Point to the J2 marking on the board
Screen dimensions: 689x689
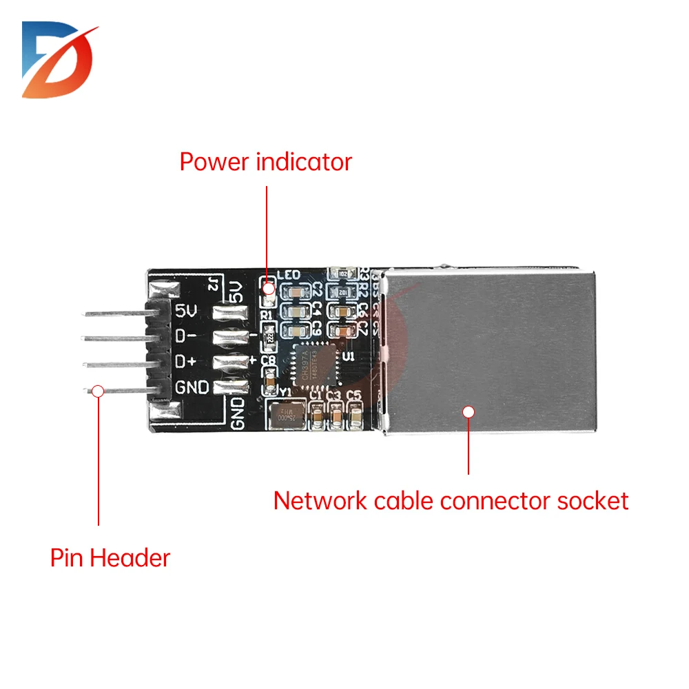pos(213,284)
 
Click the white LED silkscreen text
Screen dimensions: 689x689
pos(288,276)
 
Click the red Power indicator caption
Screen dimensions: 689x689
pos(265,162)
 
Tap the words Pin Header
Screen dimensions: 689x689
pos(110,557)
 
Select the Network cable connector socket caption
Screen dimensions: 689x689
pos(451,500)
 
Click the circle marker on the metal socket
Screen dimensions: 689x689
pos(469,412)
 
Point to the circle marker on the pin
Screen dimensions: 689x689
pos(99,391)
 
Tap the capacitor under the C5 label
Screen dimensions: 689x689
pos(355,417)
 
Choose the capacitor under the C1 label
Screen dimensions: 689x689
pos(318,417)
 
